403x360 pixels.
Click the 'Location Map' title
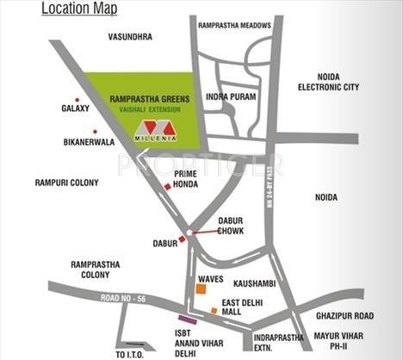pyautogui.click(x=79, y=10)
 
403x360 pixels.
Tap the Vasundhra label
pyautogui.click(x=130, y=37)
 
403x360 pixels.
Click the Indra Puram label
pyautogui.click(x=232, y=97)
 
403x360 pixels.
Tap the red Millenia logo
pyautogui.click(x=156, y=130)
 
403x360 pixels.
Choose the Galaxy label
pyautogui.click(x=75, y=109)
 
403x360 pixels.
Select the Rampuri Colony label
pyautogui.click(x=66, y=183)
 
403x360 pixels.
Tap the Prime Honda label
pyautogui.click(x=187, y=178)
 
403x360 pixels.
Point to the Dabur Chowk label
pyautogui.click(x=231, y=226)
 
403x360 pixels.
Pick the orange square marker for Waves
pyautogui.click(x=201, y=290)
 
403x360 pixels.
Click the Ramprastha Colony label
pyautogui.click(x=96, y=269)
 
